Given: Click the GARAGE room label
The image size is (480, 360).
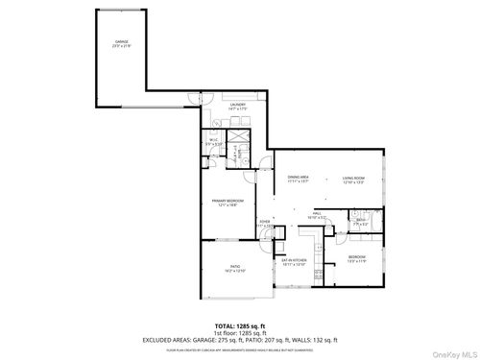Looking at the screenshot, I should point(122,44).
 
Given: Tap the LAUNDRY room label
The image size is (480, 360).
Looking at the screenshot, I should point(238,106).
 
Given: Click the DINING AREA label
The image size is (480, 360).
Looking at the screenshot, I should point(298,180).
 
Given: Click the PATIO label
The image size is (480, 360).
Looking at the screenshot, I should point(235,270).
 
